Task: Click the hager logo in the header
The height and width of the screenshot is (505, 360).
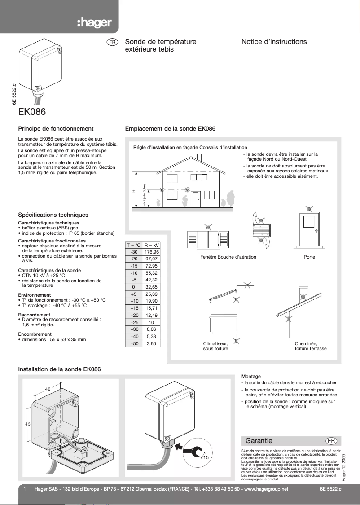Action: (94, 23)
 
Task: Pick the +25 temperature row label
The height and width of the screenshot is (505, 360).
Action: (133, 322)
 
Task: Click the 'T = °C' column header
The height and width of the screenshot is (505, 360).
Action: (133, 245)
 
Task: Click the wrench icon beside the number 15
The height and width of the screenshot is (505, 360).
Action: (195, 450)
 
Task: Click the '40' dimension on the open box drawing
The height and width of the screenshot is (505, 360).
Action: (48, 389)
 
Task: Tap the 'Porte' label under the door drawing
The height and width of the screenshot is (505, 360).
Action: (309, 257)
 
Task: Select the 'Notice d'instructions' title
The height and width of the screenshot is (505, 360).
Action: (274, 42)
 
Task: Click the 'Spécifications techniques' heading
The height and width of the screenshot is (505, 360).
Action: (53, 215)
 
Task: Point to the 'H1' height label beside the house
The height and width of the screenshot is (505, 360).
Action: (134, 190)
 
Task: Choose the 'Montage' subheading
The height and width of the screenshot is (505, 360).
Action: (251, 376)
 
